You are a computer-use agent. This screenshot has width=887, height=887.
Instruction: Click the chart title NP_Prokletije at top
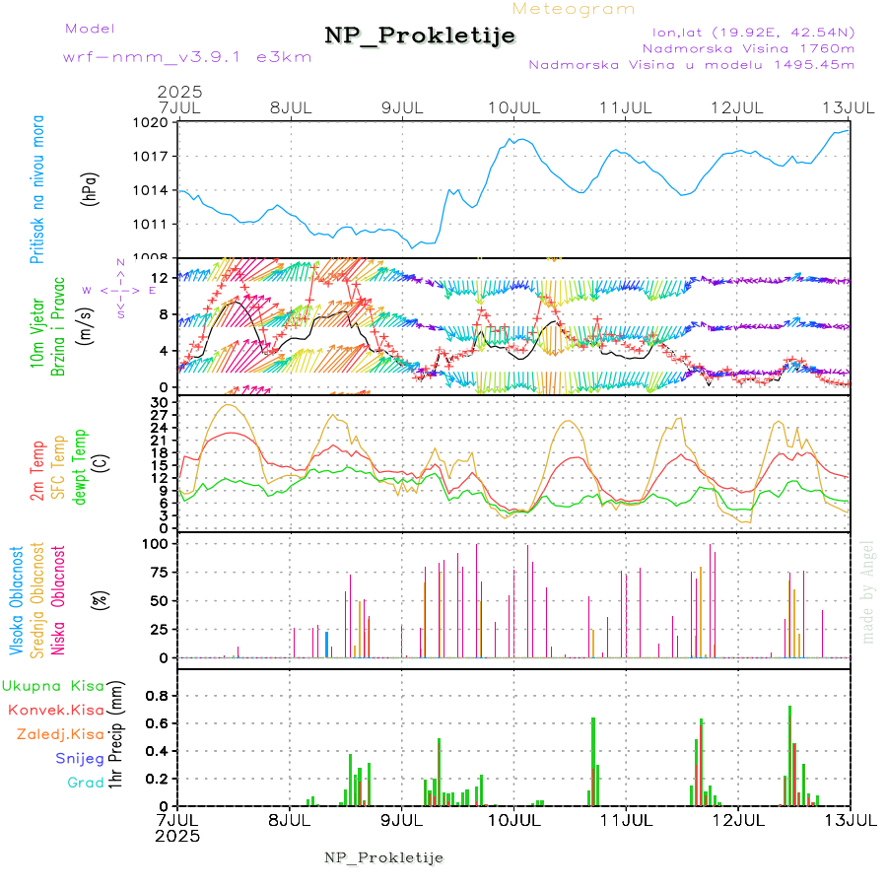(x=420, y=35)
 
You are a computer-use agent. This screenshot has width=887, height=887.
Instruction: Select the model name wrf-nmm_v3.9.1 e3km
(x=187, y=57)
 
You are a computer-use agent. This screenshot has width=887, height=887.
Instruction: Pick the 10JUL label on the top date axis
(x=515, y=106)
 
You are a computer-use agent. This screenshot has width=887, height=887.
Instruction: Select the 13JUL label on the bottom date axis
(x=850, y=819)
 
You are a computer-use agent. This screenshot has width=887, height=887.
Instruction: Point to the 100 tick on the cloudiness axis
(x=158, y=543)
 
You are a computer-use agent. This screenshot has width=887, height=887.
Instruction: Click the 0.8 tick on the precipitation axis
(x=158, y=696)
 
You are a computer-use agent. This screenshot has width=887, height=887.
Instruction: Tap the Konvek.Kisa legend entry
(x=55, y=710)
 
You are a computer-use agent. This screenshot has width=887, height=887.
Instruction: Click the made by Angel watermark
(x=868, y=591)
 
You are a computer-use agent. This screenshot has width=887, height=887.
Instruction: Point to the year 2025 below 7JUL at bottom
(x=178, y=836)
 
